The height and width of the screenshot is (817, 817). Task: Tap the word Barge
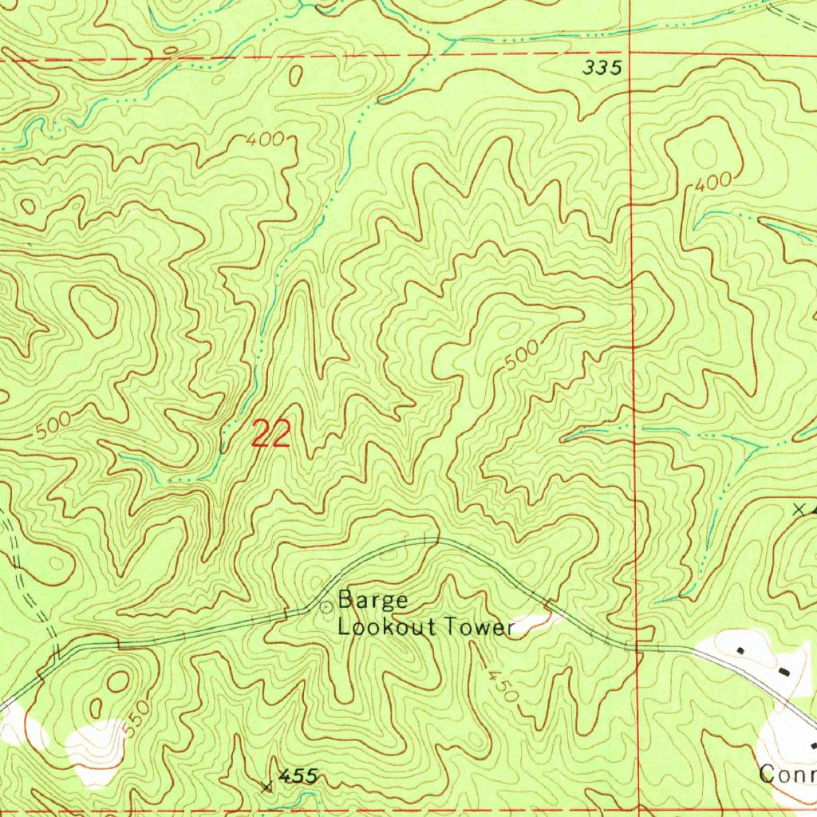[373, 600]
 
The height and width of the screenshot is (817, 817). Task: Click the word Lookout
[386, 627]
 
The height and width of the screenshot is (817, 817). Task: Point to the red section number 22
[270, 435]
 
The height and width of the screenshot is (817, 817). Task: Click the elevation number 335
[602, 69]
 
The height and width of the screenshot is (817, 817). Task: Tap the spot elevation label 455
[298, 776]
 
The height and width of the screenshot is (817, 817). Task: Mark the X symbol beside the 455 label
[267, 787]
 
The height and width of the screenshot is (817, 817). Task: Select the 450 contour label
[503, 682]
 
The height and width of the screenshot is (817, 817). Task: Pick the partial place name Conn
[787, 774]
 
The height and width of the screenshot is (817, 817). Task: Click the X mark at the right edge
[799, 507]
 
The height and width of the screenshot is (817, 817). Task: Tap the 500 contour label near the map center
[520, 356]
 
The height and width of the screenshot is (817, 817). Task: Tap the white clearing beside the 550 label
[97, 748]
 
